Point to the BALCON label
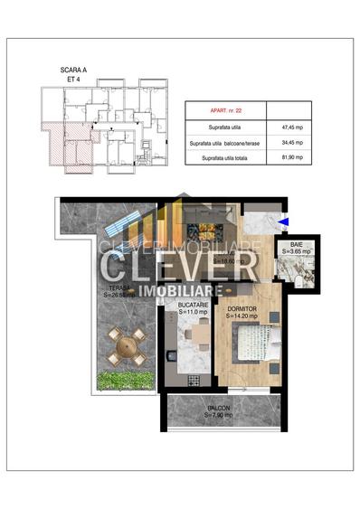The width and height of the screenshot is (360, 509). coord(218,408)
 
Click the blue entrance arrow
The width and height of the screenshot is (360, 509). coord(284,220)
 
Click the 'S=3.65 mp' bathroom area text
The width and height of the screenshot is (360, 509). coord(296,250)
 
